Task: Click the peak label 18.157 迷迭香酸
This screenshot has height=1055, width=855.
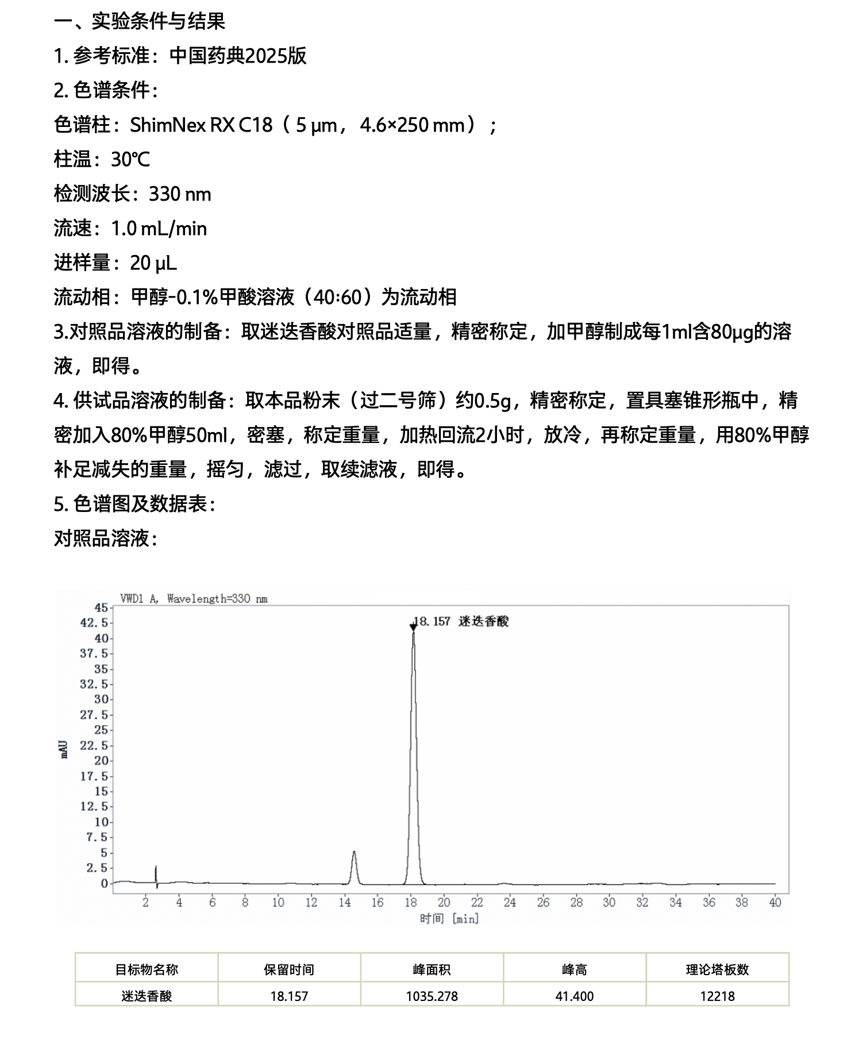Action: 461,621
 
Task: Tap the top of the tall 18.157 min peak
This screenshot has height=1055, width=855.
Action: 413,633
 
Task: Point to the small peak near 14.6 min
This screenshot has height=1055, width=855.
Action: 354,854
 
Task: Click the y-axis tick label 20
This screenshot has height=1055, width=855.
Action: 101,761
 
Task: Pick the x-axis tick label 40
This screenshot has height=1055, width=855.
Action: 775,903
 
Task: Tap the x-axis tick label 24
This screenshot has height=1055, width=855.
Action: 510,903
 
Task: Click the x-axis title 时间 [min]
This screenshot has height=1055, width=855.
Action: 449,919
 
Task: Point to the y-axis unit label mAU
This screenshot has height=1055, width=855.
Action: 64,749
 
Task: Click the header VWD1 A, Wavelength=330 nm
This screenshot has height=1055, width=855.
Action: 194,599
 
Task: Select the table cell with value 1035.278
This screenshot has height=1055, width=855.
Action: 432,996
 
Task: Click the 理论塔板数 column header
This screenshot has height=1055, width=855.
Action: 717,970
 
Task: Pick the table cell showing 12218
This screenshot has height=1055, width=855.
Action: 717,996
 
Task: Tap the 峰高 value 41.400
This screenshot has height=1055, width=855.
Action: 574,996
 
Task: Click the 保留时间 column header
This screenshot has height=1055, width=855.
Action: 289,970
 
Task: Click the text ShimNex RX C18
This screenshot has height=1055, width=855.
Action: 201,125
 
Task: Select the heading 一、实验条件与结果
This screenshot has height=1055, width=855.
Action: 140,21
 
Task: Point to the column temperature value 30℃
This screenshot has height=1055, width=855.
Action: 130,159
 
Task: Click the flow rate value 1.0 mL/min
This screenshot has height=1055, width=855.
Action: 159,228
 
